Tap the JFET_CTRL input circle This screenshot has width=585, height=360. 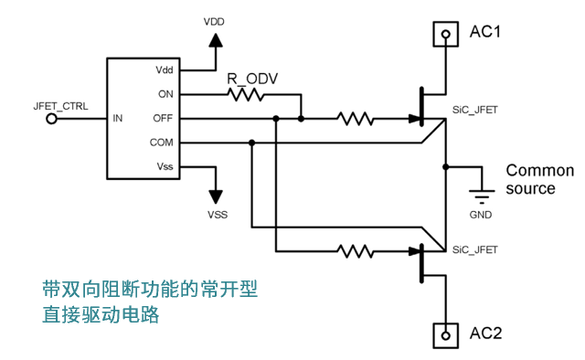point(51,119)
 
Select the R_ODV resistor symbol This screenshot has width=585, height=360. point(246,94)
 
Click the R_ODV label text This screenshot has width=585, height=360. point(252,79)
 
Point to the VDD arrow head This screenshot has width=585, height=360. point(216,40)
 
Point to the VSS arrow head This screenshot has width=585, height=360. point(216,197)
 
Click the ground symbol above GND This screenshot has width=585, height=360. point(482,196)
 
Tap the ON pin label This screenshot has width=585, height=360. point(165,94)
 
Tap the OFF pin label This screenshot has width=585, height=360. point(163,118)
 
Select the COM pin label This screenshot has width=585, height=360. point(162,143)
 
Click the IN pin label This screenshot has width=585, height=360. point(118,118)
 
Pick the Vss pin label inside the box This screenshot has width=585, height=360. point(165,166)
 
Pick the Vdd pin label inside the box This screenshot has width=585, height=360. point(165,69)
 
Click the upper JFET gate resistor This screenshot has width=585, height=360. point(356,119)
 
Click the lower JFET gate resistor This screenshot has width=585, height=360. point(356,251)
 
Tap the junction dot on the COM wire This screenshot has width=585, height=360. point(252,143)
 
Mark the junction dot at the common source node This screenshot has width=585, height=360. point(445,167)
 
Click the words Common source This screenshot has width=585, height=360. point(540,179)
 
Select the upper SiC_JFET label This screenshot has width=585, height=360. point(475,110)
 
